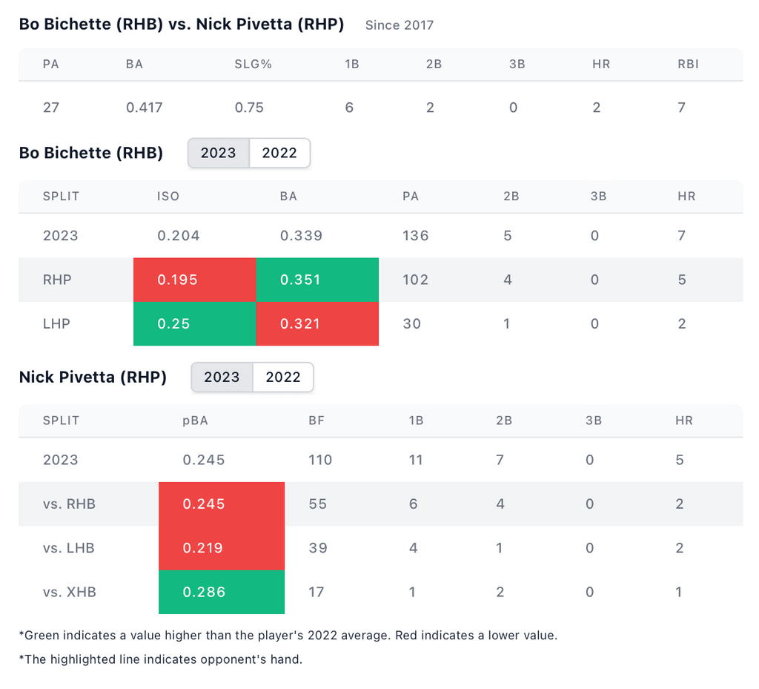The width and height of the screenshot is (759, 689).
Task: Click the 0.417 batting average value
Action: [144, 108]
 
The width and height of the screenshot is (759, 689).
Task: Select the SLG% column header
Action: [253, 65]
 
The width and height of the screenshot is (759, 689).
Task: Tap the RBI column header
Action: [687, 65]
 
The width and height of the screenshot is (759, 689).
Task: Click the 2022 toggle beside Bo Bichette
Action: [279, 154]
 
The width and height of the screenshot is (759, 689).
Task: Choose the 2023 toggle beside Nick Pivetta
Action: [222, 377]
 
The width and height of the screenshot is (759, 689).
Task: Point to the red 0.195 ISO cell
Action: [194, 280]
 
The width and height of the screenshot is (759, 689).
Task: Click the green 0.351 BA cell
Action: [317, 280]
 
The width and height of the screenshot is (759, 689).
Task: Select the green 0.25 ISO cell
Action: [194, 324]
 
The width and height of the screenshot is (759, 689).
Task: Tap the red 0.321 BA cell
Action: [317, 324]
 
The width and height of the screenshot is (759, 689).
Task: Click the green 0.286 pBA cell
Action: [222, 592]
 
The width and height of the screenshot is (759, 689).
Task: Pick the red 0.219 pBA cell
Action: [222, 548]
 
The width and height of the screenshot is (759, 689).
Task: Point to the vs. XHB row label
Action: [69, 593]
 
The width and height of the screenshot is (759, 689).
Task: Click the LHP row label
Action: [56, 324]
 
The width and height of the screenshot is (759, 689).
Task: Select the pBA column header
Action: [195, 421]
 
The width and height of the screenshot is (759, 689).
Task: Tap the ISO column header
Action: [168, 197]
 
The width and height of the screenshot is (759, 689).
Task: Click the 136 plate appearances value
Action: [415, 236]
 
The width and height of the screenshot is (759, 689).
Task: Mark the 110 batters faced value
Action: [320, 460]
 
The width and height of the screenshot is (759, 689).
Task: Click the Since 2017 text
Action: [400, 25]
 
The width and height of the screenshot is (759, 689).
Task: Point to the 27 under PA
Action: [51, 108]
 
